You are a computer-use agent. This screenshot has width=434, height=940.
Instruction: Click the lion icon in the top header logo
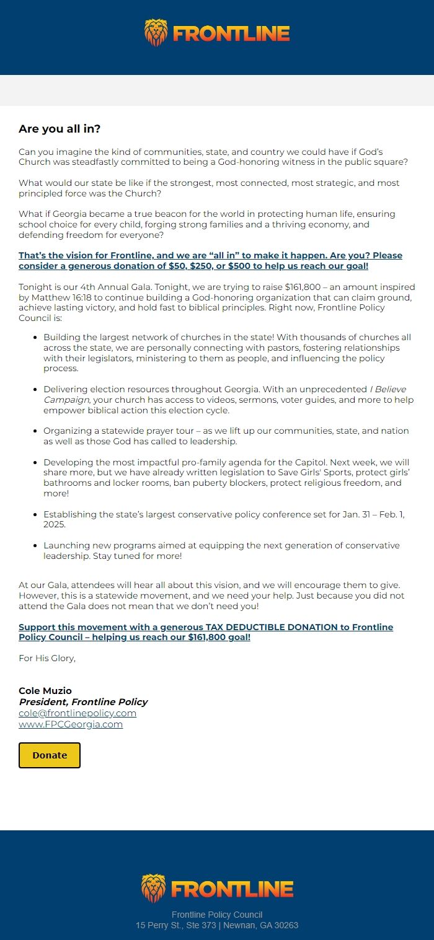pos(156,32)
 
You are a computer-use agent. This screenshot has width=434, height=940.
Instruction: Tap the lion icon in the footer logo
pos(154,888)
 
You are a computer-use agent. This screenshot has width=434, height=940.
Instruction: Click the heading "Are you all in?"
pos(60,129)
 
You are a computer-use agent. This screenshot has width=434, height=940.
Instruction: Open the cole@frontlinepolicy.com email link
pos(77,713)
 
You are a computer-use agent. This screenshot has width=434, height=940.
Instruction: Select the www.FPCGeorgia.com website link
pos(71,724)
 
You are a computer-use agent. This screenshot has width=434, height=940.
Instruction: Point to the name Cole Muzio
pos(45,691)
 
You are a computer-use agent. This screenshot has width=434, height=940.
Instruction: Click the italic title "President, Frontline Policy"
pos(83,702)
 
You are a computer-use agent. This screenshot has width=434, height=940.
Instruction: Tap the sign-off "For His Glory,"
pos(47,658)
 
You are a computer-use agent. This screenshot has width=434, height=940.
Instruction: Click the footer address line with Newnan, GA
pos(217,925)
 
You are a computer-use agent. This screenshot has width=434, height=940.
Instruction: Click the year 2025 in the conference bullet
pos(55,524)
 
